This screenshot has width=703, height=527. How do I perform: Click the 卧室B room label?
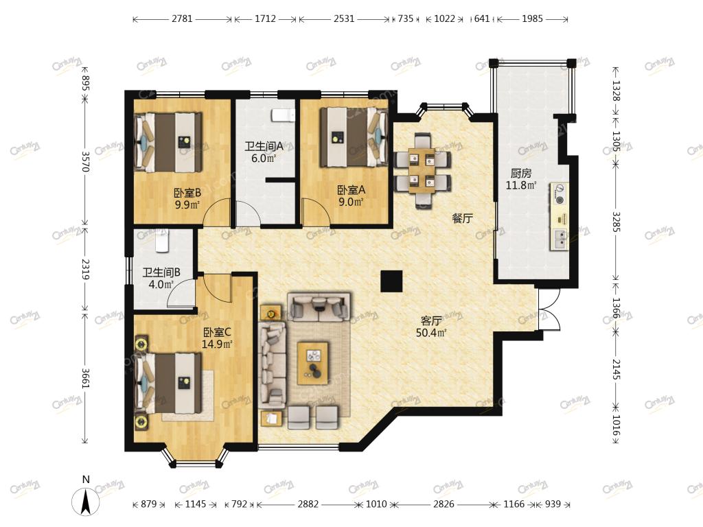(187, 193)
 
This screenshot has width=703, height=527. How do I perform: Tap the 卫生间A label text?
(264, 147)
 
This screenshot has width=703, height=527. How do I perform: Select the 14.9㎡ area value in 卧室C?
(217, 344)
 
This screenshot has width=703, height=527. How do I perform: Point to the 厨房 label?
(520, 174)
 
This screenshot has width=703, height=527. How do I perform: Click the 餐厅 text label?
(462, 219)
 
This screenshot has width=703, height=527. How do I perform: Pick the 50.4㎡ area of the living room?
(431, 333)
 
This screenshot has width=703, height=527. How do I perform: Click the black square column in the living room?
(391, 282)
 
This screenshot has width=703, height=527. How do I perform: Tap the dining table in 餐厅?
(422, 171)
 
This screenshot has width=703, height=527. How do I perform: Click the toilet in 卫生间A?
(282, 115)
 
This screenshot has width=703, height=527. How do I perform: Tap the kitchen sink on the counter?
(560, 239)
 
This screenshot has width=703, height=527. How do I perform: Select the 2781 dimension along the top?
(182, 19)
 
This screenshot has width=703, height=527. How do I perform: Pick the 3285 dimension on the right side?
(616, 222)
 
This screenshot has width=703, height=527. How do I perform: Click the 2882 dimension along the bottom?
(308, 504)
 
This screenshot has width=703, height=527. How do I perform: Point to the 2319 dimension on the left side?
(84, 269)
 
